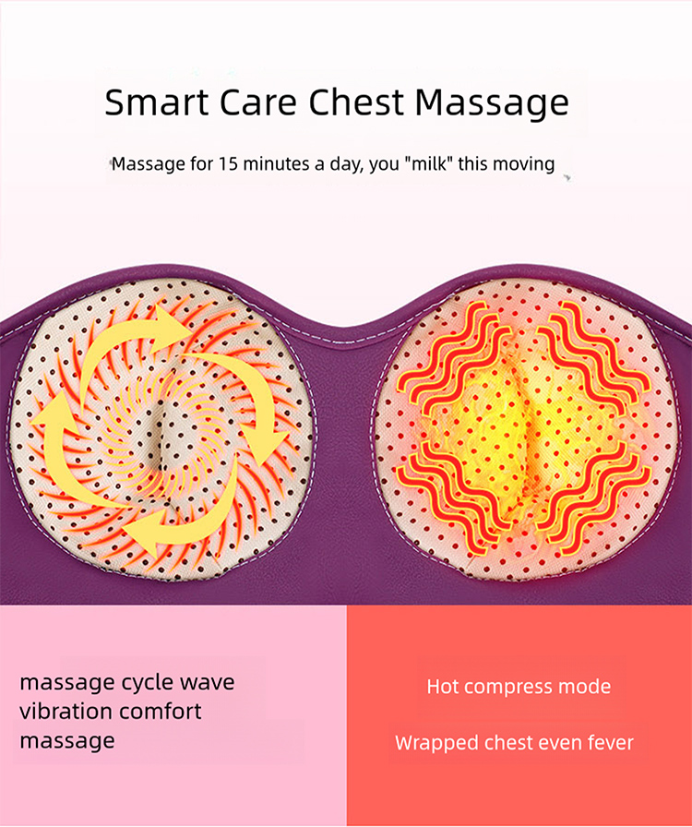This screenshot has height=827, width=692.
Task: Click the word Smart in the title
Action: (153, 102)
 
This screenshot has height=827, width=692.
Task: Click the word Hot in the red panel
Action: (443, 687)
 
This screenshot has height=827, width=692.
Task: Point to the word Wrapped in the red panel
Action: (432, 742)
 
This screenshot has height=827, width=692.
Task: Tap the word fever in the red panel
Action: (609, 742)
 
